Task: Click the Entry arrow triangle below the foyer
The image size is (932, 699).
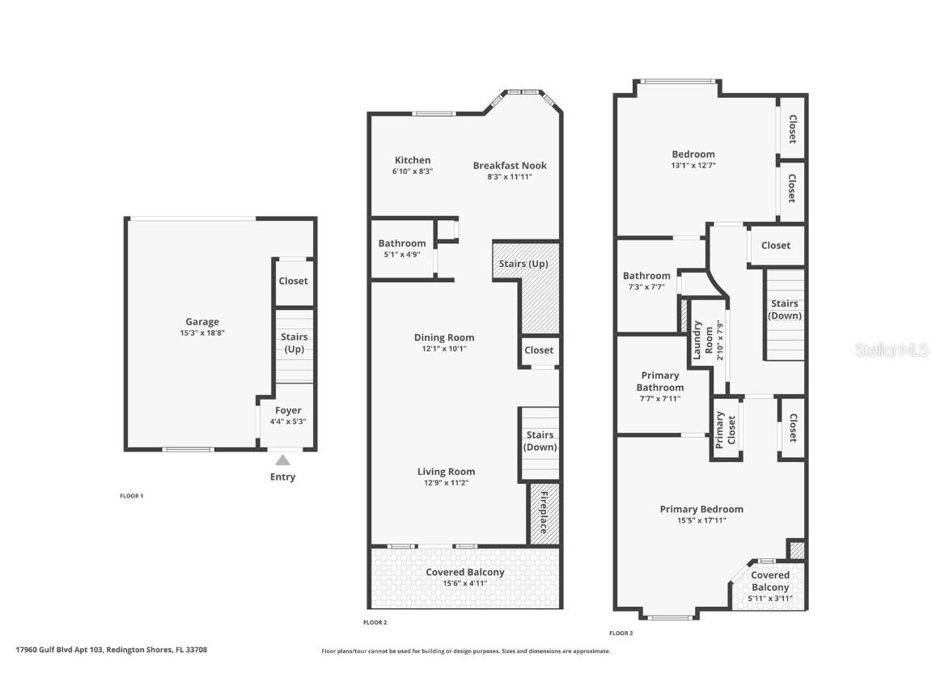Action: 282,460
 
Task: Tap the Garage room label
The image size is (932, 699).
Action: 201,322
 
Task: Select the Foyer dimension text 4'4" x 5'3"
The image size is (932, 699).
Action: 288,422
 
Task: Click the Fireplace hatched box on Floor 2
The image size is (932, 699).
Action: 544,512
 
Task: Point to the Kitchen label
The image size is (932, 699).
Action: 413,160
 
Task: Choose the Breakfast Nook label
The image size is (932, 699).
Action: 510,166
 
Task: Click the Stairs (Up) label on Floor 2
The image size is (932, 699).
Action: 523,264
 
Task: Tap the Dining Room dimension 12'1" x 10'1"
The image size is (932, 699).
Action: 444,349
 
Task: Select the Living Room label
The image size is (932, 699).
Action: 446,472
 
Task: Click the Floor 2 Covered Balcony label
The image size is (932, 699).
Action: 465,572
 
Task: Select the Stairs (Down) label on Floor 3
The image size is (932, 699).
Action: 784,310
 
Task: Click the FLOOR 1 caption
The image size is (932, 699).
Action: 131,495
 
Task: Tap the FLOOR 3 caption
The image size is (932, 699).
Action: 621,633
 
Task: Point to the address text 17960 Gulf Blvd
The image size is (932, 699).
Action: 112,649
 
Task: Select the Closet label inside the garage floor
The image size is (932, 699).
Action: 293,281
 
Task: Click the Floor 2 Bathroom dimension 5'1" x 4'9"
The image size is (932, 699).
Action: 401,254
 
